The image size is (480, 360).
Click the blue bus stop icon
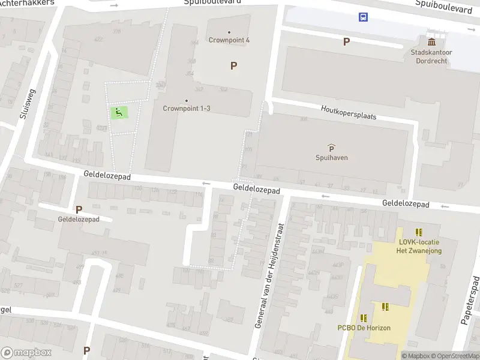point(364,17)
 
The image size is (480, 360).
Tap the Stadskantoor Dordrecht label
point(431,56)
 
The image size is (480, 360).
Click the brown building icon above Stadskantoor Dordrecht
point(431,41)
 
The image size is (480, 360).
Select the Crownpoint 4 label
point(229,40)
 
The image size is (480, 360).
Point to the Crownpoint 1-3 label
point(187,109)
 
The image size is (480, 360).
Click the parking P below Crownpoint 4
point(233,66)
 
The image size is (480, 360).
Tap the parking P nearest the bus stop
point(346,41)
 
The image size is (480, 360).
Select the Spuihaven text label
point(332,158)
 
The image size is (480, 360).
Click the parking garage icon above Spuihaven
point(331,147)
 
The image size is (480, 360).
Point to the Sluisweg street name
point(26,106)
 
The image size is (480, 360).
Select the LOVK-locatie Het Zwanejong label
point(420,246)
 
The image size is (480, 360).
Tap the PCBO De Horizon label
point(364,328)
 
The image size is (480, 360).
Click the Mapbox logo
point(25,353)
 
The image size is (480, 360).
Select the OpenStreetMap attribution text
point(456,356)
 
